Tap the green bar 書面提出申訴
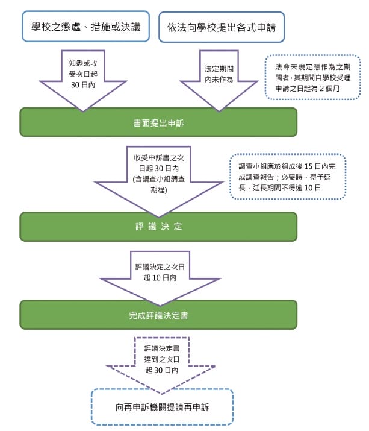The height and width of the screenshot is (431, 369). (159, 122)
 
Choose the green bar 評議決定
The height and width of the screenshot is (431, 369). (159, 227)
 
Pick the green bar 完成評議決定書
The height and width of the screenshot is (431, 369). (159, 315)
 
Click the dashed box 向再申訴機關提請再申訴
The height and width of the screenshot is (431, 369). (161, 407)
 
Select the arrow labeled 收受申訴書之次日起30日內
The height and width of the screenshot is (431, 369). (159, 175)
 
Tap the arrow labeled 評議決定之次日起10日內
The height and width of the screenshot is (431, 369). (159, 271)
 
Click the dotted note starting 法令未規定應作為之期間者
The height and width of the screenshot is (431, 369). (312, 77)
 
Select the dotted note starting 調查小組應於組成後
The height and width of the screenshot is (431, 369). (288, 176)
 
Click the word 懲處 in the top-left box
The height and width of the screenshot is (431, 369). (73, 27)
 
